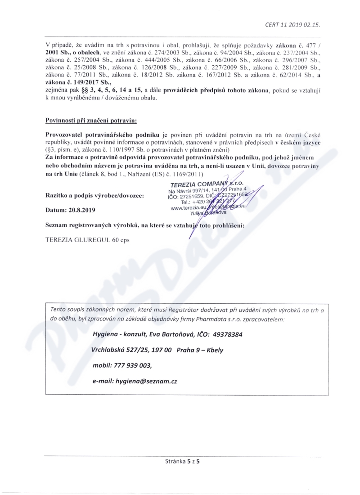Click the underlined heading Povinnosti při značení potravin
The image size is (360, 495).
coord(91,121)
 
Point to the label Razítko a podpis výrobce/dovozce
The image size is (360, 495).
coord(95,195)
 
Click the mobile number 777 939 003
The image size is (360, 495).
coord(134,365)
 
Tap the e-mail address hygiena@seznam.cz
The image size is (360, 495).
coord(146,381)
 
